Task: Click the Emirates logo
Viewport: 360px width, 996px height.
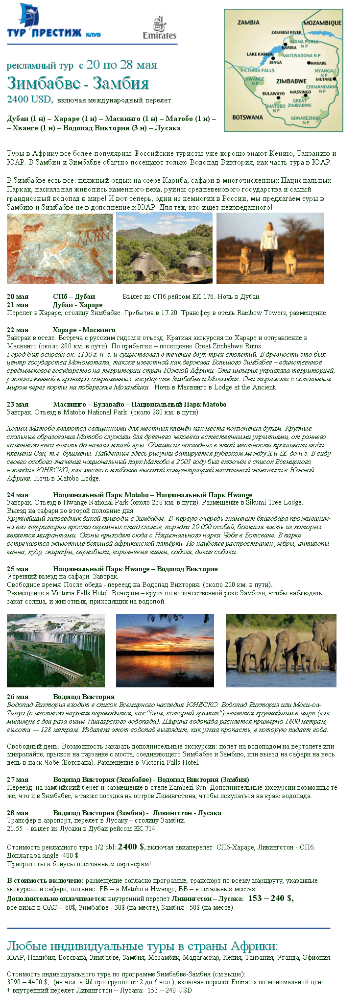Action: [159, 28]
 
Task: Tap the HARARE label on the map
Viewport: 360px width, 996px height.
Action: [318, 63]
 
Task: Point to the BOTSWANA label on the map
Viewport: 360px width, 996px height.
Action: [247, 117]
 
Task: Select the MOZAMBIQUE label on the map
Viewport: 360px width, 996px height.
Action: [322, 23]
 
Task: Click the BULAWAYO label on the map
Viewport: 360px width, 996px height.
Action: [273, 93]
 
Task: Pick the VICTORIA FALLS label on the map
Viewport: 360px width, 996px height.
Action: [258, 71]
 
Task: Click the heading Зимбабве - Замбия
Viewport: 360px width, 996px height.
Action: [78, 83]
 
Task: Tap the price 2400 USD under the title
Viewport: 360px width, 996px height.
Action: [29, 99]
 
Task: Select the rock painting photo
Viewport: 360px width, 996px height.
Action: [59, 248]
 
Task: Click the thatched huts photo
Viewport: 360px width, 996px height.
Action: [164, 248]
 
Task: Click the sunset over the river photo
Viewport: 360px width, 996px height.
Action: [165, 650]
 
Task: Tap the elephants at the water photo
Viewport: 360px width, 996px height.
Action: [281, 650]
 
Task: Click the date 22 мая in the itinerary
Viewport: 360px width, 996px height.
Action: [18, 330]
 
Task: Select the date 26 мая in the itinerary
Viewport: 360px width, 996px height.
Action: [18, 697]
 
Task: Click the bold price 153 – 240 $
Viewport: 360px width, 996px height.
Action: [270, 898]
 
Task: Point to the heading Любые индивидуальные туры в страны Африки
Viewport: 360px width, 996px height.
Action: [142, 946]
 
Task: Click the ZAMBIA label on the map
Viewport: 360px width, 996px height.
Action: [248, 23]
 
